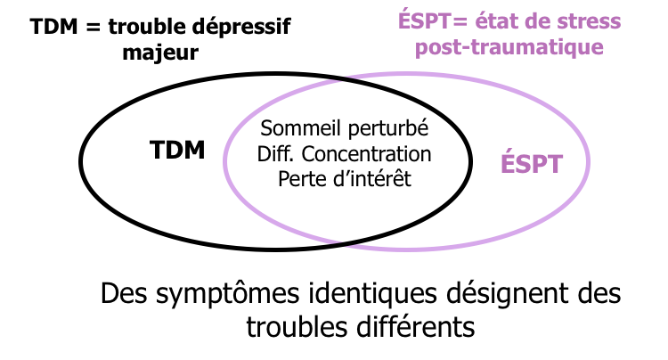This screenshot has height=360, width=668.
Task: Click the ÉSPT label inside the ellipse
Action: pyautogui.click(x=531, y=164)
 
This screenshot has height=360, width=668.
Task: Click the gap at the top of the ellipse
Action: pyautogui.click(x=344, y=79)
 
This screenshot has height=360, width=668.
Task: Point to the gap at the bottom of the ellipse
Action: pyautogui.click(x=344, y=241)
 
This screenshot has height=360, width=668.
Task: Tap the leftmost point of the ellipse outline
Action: pyautogui.click(x=225, y=160)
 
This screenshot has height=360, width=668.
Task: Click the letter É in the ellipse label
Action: pyautogui.click(x=508, y=164)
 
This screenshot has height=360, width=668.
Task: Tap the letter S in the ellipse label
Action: pyautogui.click(x=523, y=165)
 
